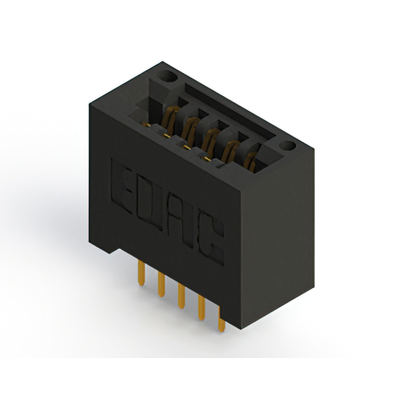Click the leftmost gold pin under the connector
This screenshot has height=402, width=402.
(x=141, y=273)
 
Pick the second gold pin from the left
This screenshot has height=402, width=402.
(x=161, y=285)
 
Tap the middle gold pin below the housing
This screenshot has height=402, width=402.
(x=182, y=296)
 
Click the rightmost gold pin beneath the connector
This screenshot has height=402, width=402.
(x=222, y=319)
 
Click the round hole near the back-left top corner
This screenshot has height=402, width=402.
(x=167, y=76)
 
